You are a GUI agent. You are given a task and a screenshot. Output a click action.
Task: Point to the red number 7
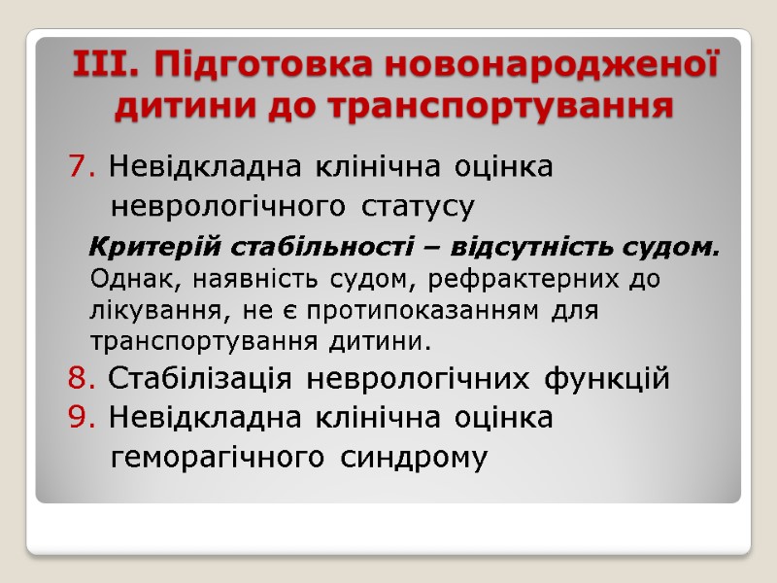[x=78, y=167]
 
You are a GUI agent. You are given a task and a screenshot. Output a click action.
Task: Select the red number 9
[x=78, y=418]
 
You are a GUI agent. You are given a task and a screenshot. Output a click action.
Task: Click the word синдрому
[x=414, y=458]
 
